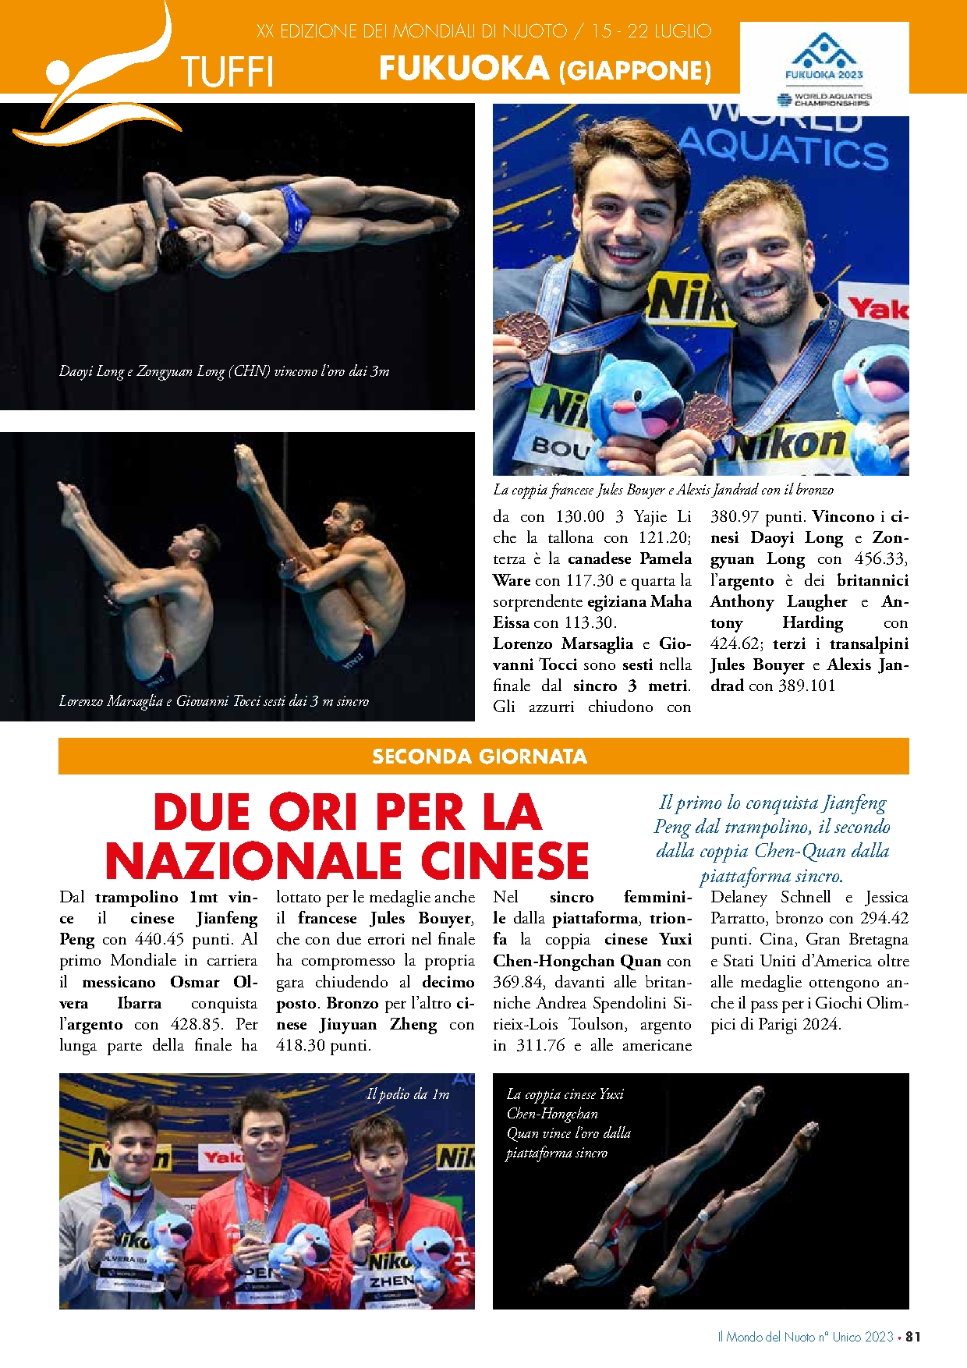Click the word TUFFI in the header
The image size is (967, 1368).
[227, 73]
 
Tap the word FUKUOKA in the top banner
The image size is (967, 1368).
[464, 69]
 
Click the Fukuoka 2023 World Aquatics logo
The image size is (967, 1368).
[824, 69]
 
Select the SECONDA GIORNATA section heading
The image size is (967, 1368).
[480, 757]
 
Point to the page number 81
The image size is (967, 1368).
[913, 1337]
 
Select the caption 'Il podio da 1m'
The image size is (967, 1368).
[408, 1094]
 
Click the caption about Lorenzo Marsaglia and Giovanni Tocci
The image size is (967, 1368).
[214, 701]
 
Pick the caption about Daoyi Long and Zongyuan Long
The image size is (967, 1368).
[224, 371]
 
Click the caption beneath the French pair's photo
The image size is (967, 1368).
[663, 490]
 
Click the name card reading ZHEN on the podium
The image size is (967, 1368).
[391, 1281]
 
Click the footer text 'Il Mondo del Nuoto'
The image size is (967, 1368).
[767, 1337]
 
